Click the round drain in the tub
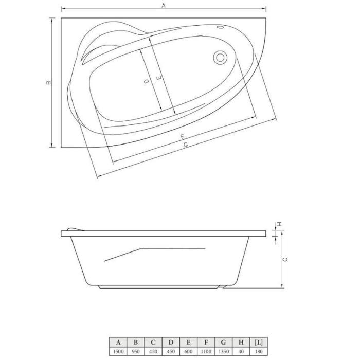coord(220,58)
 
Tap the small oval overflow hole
coord(220,27)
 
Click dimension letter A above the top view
coord(164,6)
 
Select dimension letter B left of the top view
coord(48,83)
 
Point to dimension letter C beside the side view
coord(285,260)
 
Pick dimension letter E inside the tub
coord(159,78)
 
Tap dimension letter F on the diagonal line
coord(182,137)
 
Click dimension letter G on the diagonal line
coord(186,145)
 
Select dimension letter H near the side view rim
coord(279,224)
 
